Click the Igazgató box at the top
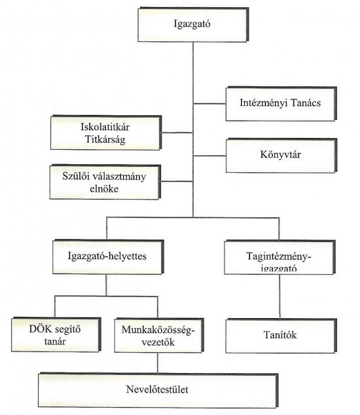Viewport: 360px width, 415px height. click(193, 25)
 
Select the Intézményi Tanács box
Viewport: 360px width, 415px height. click(281, 103)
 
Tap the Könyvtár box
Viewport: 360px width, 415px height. click(281, 155)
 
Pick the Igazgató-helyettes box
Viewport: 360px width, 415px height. click(108, 257)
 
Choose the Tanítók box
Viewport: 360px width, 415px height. click(281, 336)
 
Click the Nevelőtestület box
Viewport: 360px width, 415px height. click(158, 390)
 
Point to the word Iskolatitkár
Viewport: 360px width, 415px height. click(105, 127)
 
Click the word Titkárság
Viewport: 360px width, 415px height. click(105, 139)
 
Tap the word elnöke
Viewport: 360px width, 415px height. click(104, 189)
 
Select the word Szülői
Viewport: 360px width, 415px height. click(74, 176)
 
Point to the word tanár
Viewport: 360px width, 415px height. click(55, 342)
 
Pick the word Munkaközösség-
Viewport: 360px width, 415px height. click(158, 330)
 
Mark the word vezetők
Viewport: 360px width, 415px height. click(158, 342)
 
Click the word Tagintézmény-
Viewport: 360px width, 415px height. click(279, 257)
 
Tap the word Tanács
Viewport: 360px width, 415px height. click(306, 103)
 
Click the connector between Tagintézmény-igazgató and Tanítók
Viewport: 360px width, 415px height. click(279, 297)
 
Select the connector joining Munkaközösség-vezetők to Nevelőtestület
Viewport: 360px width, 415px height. click(158, 363)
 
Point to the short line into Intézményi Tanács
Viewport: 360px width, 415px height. click(209, 103)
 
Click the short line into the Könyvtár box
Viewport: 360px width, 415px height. click(209, 156)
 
